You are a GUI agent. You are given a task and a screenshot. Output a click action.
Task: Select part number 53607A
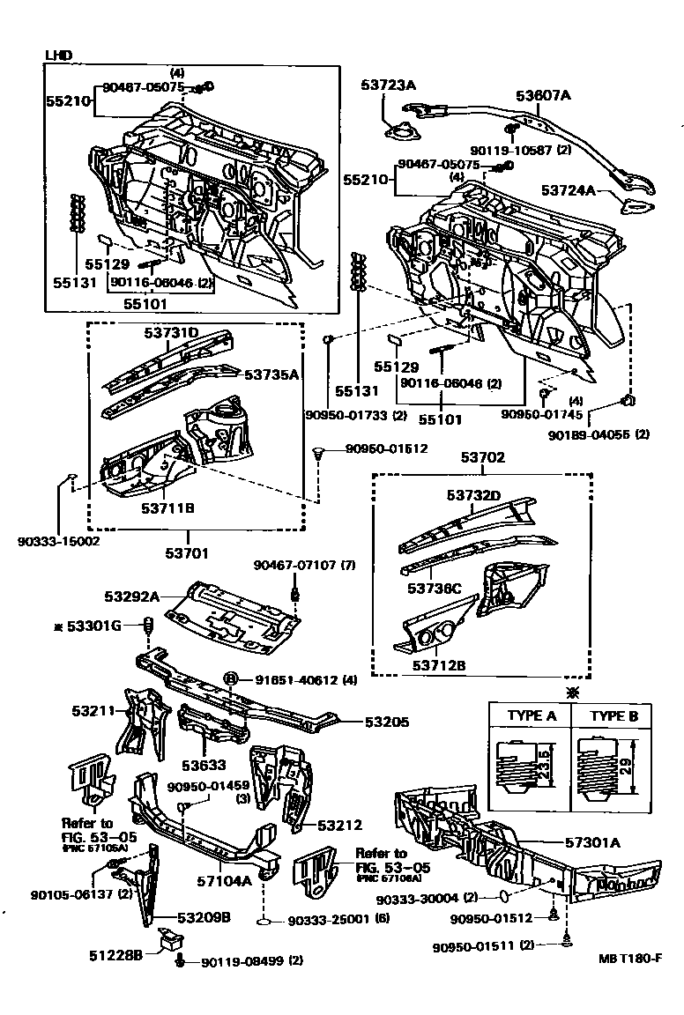(x=543, y=96)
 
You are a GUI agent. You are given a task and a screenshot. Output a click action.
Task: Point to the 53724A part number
(x=569, y=190)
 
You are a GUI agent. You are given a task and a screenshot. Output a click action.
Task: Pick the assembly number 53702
(x=482, y=456)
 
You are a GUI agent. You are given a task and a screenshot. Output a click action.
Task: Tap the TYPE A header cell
(x=531, y=715)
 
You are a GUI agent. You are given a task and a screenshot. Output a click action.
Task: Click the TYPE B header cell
(x=613, y=715)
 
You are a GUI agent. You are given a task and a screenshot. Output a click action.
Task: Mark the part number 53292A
(x=131, y=596)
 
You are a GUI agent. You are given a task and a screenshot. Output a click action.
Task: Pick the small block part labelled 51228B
(x=167, y=940)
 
